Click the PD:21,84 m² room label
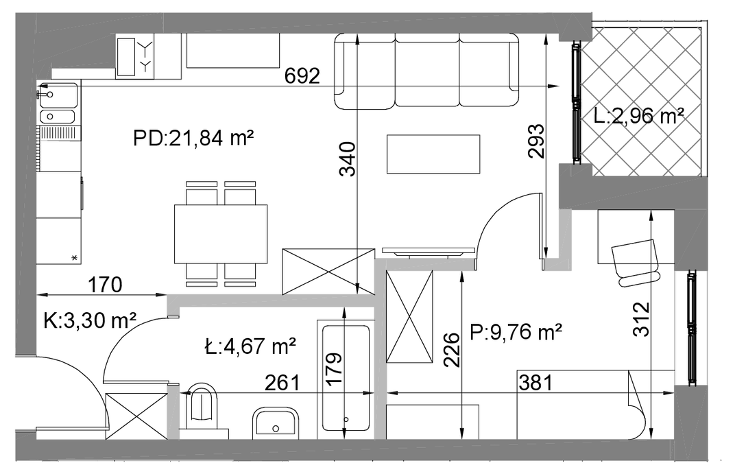193,139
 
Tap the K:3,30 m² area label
90,322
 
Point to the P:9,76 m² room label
516,333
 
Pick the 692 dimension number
302,76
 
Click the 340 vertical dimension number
348,159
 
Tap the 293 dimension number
535,141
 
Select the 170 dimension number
106,285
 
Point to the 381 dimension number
535,383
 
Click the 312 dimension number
641,319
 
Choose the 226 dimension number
452,350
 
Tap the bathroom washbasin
276,423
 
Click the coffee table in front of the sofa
433,154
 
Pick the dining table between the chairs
221,234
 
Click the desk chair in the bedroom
636,263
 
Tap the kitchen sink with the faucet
58,95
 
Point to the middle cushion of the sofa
426,71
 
